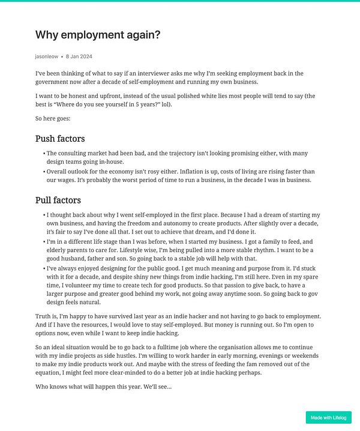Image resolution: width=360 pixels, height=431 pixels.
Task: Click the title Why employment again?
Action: coord(98,35)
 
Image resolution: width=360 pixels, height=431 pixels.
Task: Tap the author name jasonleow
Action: coord(47,56)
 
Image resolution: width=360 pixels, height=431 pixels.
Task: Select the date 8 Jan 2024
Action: coord(79,56)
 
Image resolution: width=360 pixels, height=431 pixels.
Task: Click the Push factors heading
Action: coord(60,139)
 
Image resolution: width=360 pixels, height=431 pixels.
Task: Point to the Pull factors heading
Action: coord(58,200)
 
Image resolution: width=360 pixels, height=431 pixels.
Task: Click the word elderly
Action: coord(58,250)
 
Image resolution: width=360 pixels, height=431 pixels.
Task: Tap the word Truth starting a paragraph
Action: coord(43,316)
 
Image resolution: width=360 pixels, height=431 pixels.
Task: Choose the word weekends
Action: coord(305,355)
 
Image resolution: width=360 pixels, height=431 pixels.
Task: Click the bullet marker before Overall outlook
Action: coord(44,172)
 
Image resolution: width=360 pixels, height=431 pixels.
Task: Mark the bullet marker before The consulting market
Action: coord(44,154)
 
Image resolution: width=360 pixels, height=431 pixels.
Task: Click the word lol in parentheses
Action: coord(165,104)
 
